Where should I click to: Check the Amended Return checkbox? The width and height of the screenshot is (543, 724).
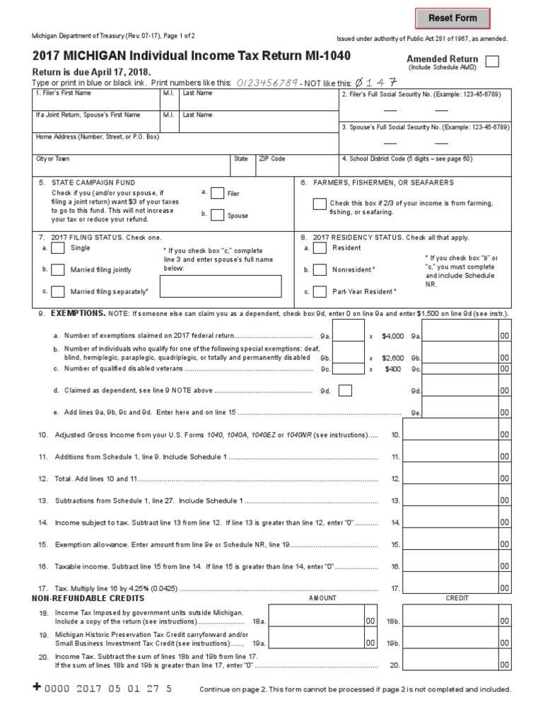coord(492,62)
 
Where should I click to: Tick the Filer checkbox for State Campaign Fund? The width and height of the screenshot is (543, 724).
coord(218,194)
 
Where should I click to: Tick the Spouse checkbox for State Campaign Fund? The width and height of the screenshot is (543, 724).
coord(218,214)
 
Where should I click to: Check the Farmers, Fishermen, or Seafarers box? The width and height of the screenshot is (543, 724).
coord(320,204)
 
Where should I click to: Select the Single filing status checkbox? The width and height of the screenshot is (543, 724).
coord(59,248)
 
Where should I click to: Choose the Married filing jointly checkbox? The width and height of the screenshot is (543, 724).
coord(59,269)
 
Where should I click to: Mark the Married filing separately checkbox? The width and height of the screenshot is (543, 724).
coord(59,291)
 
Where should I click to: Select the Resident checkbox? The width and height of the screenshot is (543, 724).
coord(320,248)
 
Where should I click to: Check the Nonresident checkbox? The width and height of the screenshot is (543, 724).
coord(320,269)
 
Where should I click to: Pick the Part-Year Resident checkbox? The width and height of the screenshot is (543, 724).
coord(320,291)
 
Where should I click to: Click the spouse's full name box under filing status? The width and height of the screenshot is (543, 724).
coord(221,286)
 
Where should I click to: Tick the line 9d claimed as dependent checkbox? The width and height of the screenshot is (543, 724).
coord(345,390)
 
